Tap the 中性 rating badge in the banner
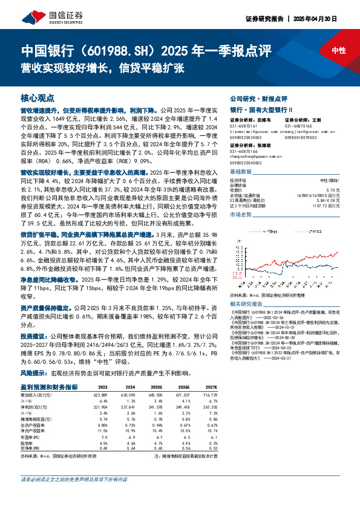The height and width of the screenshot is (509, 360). [339, 51]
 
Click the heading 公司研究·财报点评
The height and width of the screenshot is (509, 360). [254, 98]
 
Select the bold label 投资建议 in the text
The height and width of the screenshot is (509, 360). [31, 334]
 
